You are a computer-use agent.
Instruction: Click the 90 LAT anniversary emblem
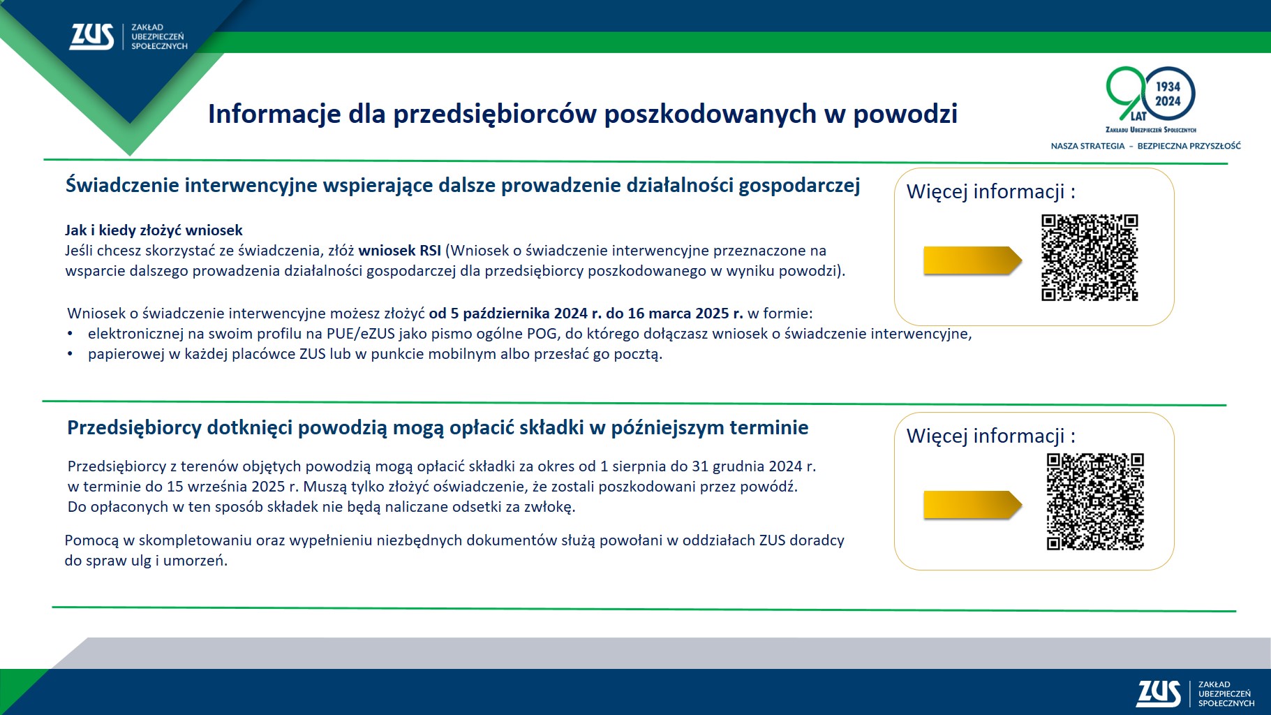click(x=1150, y=98)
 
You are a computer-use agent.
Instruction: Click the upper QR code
click(x=1090, y=258)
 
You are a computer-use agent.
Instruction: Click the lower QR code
click(x=1095, y=501)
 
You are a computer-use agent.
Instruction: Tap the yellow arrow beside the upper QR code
click(x=972, y=260)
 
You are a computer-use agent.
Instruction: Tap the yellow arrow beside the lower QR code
click(x=972, y=505)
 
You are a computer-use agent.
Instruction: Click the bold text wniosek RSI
click(x=399, y=251)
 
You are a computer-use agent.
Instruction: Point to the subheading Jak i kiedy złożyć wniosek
click(x=154, y=230)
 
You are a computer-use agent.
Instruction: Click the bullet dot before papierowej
click(x=70, y=354)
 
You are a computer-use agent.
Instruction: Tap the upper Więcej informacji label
click(x=990, y=191)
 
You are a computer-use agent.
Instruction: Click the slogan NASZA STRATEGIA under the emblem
click(x=1087, y=146)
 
